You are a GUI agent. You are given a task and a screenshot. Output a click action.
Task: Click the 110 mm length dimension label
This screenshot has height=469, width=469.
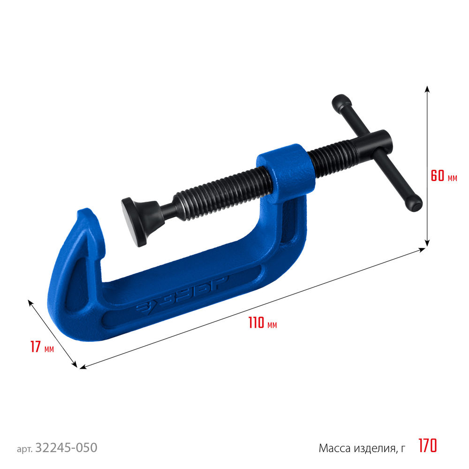click(263, 323)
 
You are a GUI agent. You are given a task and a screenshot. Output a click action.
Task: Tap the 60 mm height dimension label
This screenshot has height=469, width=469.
click(444, 175)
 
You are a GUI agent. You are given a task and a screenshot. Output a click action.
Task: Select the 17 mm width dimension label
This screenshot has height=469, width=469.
click(42, 347)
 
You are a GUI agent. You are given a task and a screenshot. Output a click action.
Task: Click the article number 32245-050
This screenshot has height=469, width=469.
click(67, 448)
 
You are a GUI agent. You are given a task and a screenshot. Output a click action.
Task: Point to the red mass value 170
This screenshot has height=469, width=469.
click(428, 446)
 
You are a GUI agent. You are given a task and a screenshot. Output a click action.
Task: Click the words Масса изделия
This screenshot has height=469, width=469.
click(358, 448)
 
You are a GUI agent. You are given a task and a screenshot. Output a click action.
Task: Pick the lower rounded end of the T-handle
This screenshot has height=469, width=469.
click(414, 204)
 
